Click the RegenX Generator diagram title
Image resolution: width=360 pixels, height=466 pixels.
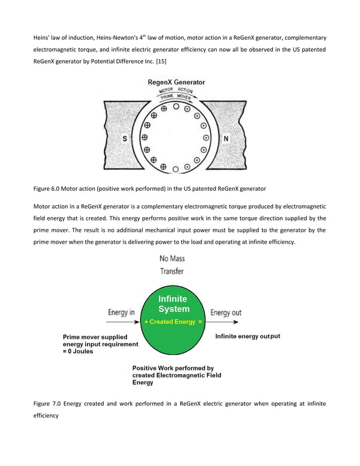(x=176, y=82)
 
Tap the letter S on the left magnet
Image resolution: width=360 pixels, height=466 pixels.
(x=125, y=138)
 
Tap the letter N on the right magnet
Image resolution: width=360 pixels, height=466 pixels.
(x=226, y=139)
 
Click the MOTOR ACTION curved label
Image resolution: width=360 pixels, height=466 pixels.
(x=176, y=90)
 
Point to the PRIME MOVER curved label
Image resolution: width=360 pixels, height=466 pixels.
(x=176, y=96)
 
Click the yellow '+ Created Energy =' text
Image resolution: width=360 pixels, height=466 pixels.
(x=173, y=321)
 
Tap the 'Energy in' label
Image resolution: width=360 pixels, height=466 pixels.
(x=121, y=313)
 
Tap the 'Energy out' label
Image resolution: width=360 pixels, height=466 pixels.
(x=226, y=313)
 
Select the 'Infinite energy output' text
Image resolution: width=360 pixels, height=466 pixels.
(x=248, y=336)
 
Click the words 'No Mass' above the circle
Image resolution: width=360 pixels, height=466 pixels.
(x=172, y=259)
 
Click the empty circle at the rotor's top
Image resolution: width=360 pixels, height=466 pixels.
(x=176, y=106)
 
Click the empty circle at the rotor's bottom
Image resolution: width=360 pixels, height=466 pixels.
(x=176, y=169)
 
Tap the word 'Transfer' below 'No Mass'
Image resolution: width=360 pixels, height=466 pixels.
(x=172, y=271)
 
